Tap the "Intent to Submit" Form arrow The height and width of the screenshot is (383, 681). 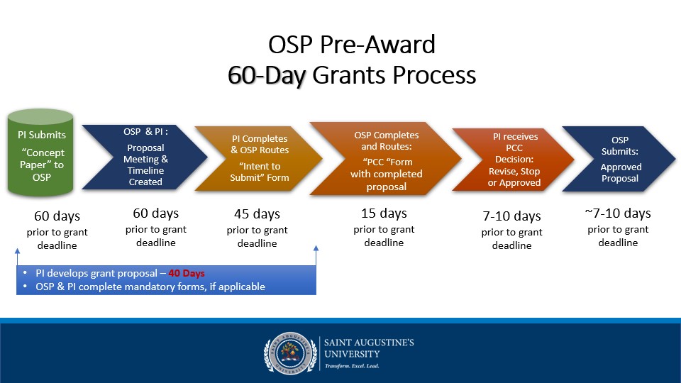pos(255,157)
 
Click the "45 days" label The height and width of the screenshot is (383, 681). pos(257,214)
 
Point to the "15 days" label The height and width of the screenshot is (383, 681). pos(384,213)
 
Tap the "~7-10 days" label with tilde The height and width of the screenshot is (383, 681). pos(617,213)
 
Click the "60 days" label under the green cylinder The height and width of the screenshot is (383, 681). pos(57,216)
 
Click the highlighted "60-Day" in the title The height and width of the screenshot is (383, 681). pos(266,75)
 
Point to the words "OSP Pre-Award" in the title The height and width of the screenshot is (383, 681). pos(352,45)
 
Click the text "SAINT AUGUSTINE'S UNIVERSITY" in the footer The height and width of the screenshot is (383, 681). pos(369,348)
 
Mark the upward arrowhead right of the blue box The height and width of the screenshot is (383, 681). pos(316,249)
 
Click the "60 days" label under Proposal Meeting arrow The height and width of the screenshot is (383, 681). pos(155,213)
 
